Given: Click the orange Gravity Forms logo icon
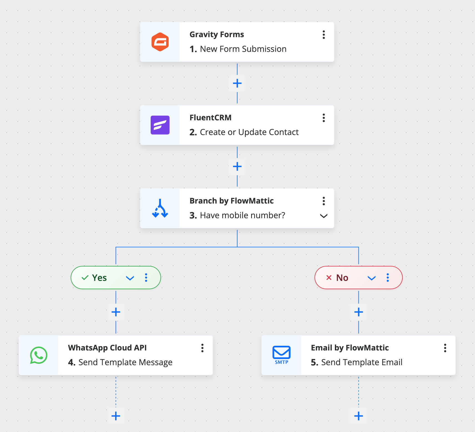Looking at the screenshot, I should click(160, 42).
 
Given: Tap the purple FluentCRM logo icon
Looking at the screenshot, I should click(160, 125).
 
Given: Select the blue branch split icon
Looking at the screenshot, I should click(160, 209).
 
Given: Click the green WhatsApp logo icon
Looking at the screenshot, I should click(39, 355).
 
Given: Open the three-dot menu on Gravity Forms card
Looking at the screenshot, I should click(324, 35).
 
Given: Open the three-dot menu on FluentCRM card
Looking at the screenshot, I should click(324, 118).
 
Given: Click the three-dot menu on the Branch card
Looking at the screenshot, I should click(324, 201).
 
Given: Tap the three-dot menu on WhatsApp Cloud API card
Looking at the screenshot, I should click(202, 348).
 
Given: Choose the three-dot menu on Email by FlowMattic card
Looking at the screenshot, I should click(445, 348).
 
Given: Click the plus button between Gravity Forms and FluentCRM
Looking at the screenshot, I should click(237, 83).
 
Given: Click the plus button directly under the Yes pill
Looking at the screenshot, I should click(116, 312).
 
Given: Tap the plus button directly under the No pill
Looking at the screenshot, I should click(358, 312).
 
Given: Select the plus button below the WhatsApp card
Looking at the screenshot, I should click(116, 416).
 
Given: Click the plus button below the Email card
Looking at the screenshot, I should click(358, 416).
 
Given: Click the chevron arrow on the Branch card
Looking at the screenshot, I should click(324, 216).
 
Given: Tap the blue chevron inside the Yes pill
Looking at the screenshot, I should click(130, 278).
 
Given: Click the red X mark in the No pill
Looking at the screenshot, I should click(329, 278).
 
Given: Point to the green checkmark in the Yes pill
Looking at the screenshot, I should click(85, 278).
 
